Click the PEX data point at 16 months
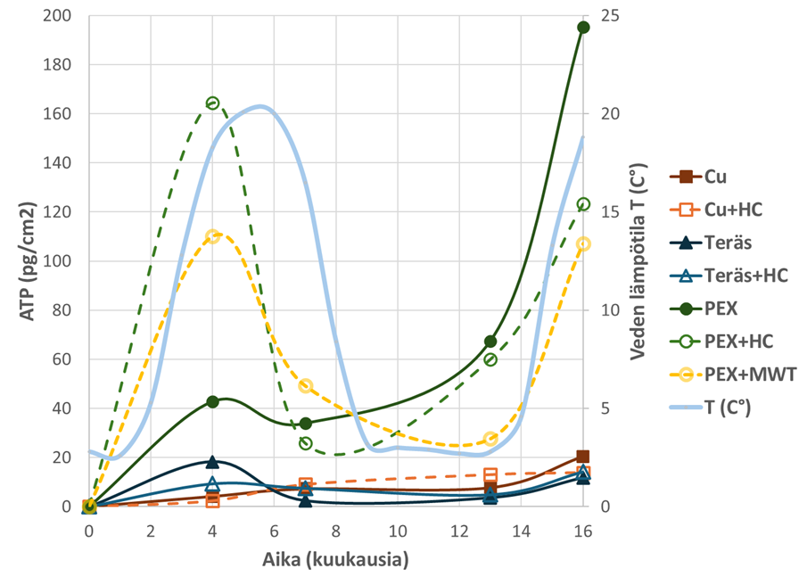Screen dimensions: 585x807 tap(583, 28)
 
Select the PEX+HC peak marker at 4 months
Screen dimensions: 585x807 tap(212, 103)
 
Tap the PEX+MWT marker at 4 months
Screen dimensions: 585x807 tap(212, 236)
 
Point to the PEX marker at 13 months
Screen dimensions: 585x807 tap(490, 342)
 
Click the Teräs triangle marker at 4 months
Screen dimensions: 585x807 tap(212, 462)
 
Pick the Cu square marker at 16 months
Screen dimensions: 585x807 tap(583, 457)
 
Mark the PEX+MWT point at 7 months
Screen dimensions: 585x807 tap(305, 386)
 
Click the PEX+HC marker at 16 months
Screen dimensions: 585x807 tap(583, 204)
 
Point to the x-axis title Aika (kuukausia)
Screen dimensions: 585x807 tap(336, 561)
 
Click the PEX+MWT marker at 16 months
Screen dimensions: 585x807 tap(583, 244)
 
